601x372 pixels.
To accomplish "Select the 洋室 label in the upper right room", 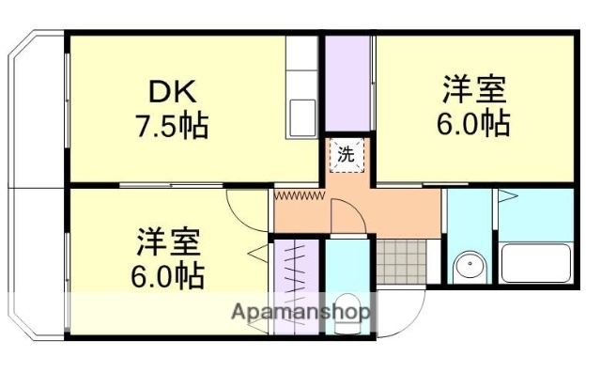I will coord(474,91).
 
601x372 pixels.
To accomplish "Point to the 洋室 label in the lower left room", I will coord(166,242).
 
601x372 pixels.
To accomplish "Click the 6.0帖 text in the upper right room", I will coord(474,123).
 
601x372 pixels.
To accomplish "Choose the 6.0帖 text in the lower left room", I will coord(166,275).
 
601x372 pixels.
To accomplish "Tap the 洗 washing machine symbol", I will coord(346,155).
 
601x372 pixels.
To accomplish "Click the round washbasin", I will coord(467,269).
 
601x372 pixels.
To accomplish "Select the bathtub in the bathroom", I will coord(536,262).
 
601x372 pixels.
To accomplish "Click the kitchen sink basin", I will coord(302,118).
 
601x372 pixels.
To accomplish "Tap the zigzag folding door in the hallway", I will coord(299,194).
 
